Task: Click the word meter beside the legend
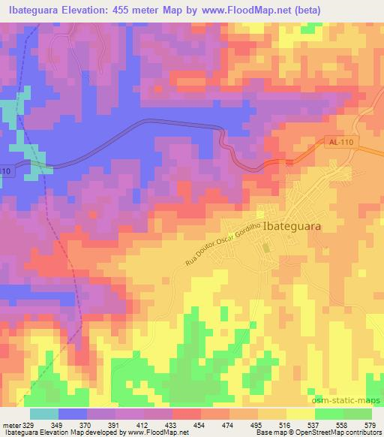10,425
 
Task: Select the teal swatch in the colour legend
43,414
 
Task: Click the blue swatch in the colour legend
73,414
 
